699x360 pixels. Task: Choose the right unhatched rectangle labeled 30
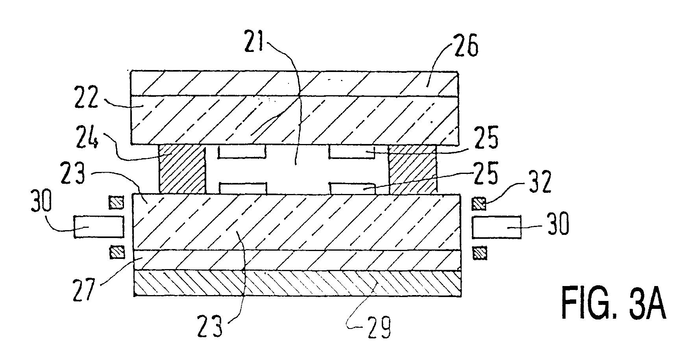tap(497, 227)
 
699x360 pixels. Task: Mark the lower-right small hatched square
tap(479, 252)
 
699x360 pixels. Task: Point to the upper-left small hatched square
tap(116, 202)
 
